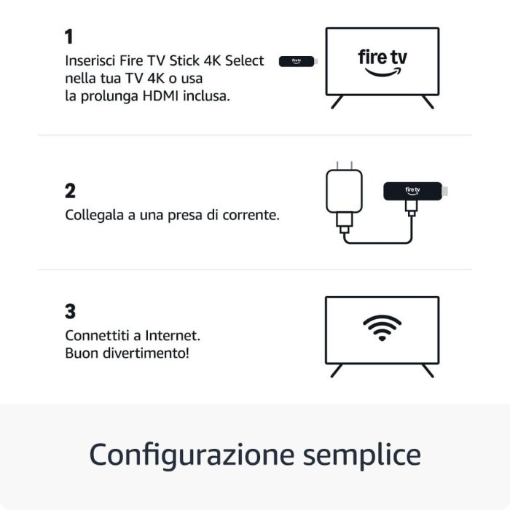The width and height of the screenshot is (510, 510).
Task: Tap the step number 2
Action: (x=70, y=191)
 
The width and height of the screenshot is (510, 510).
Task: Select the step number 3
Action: (x=70, y=312)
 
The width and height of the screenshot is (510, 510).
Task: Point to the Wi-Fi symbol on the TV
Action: (x=382, y=329)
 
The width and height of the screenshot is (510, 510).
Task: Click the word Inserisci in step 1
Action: (x=91, y=60)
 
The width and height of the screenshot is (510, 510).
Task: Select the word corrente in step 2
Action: (x=253, y=216)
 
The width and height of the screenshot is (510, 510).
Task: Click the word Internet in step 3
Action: (x=172, y=336)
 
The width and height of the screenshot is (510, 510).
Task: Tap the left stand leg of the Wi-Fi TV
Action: (x=337, y=370)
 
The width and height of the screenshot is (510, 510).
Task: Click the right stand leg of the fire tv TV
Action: (x=428, y=102)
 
